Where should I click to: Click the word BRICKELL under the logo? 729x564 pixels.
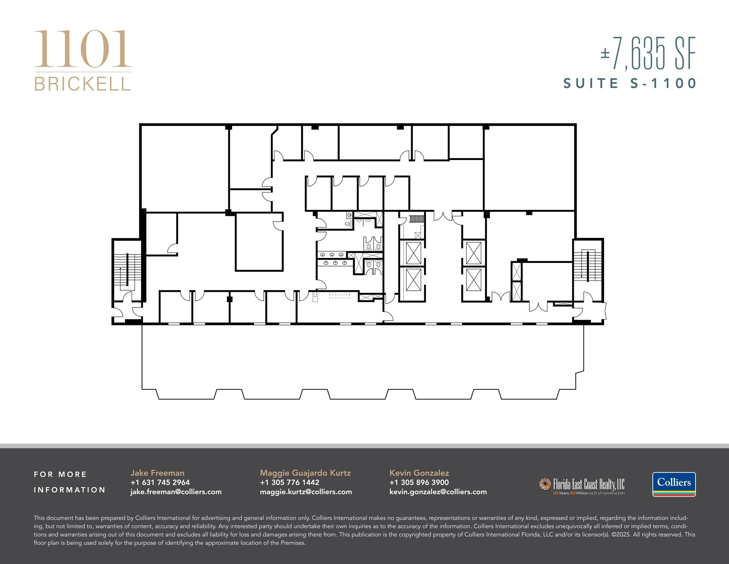point(83,84)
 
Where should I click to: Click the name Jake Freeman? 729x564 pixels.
point(157,473)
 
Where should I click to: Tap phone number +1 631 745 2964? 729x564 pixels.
point(160,482)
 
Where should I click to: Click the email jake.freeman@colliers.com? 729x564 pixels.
point(176,492)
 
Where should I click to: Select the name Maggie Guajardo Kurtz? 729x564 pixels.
point(305,473)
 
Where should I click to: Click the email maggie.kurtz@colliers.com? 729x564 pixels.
point(306,492)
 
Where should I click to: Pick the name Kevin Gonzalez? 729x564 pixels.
point(419,473)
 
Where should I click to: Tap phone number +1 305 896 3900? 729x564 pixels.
point(419,482)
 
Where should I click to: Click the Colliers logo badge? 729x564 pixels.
point(673,484)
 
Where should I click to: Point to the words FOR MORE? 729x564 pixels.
point(60,474)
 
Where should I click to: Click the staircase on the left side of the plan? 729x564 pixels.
point(127,271)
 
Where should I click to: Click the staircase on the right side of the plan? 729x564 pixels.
point(588,265)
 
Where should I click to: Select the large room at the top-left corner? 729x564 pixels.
point(184,167)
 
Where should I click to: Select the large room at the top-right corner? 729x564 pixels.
point(529,167)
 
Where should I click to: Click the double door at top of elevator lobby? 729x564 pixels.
point(443,216)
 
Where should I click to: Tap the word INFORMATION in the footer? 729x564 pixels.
point(70,490)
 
